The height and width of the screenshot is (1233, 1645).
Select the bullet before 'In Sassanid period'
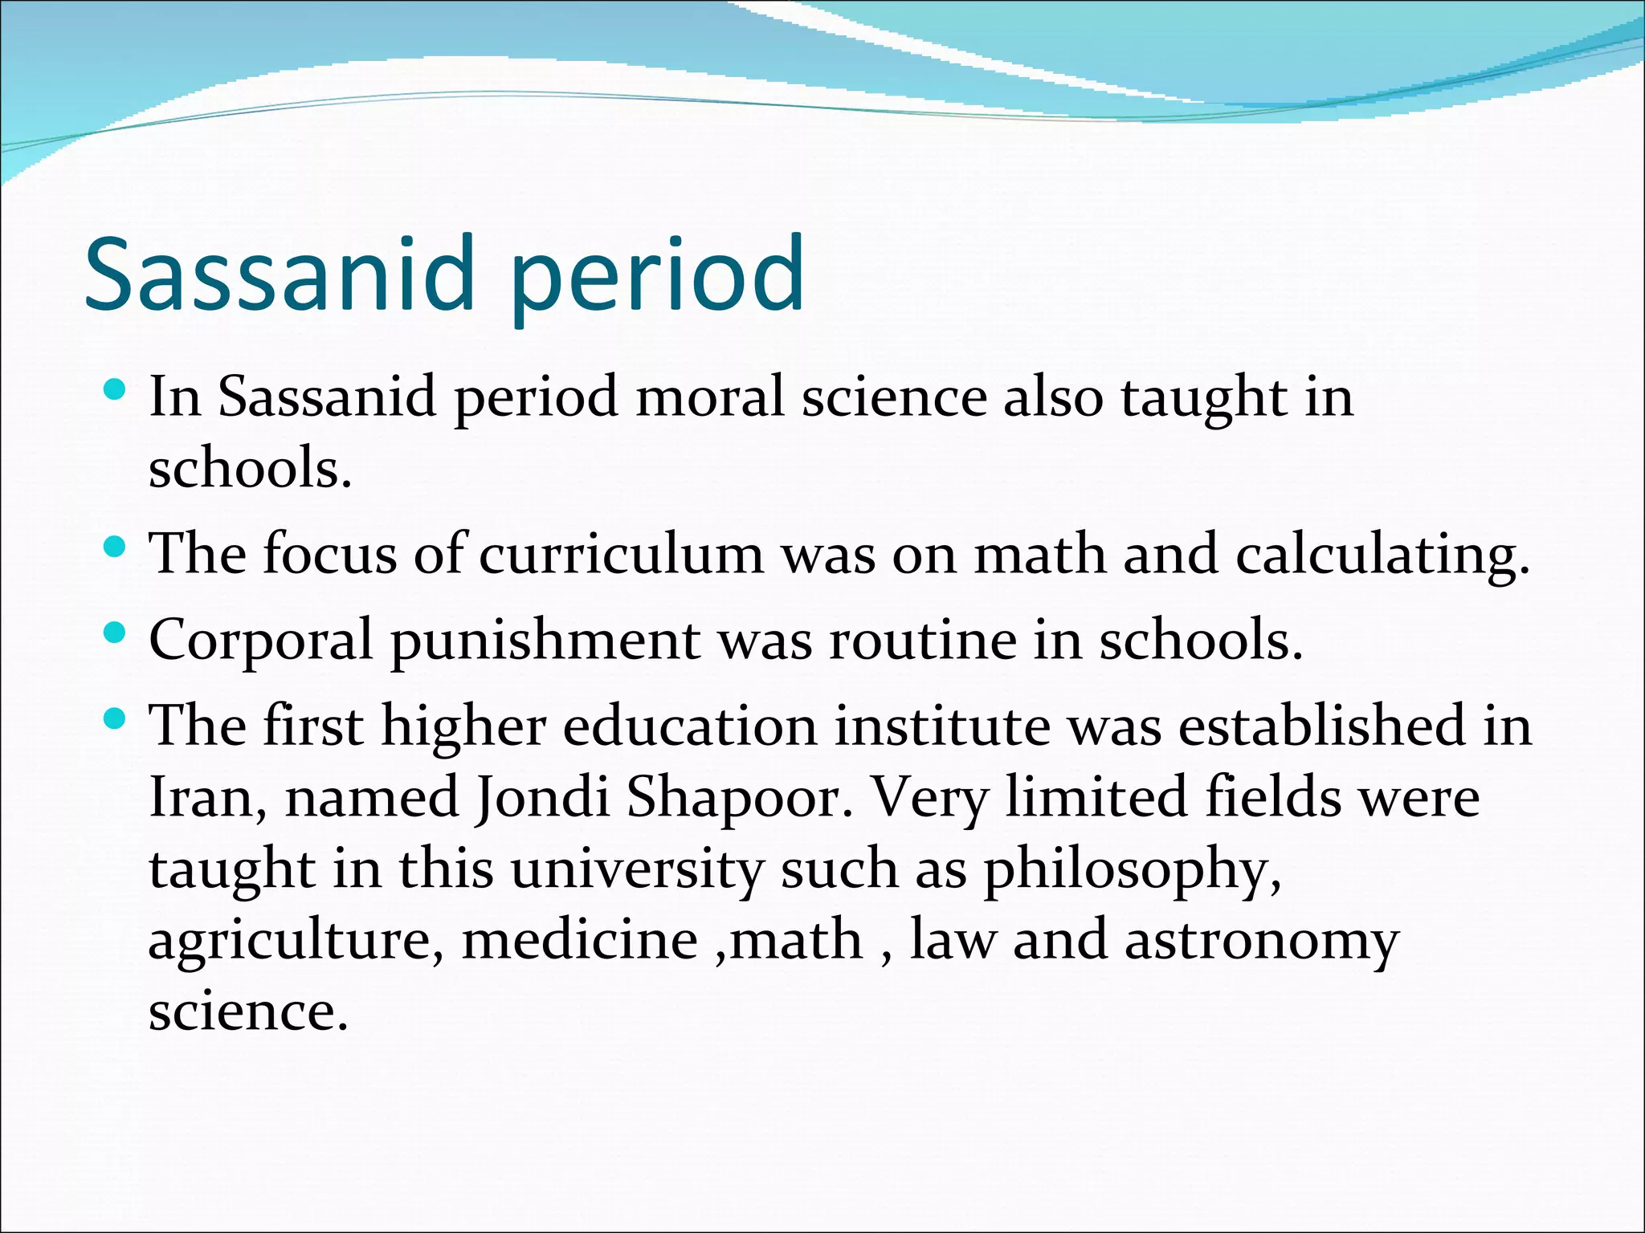click(115, 392)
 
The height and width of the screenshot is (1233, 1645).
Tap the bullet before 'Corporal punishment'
click(115, 635)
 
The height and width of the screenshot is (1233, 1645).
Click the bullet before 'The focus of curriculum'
click(115, 549)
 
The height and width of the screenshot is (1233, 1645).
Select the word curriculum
click(621, 555)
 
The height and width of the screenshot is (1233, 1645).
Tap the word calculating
click(1382, 556)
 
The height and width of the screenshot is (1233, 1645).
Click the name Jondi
click(542, 798)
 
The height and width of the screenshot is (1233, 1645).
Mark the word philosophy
click(1132, 870)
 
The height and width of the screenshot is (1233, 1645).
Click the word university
click(635, 870)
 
